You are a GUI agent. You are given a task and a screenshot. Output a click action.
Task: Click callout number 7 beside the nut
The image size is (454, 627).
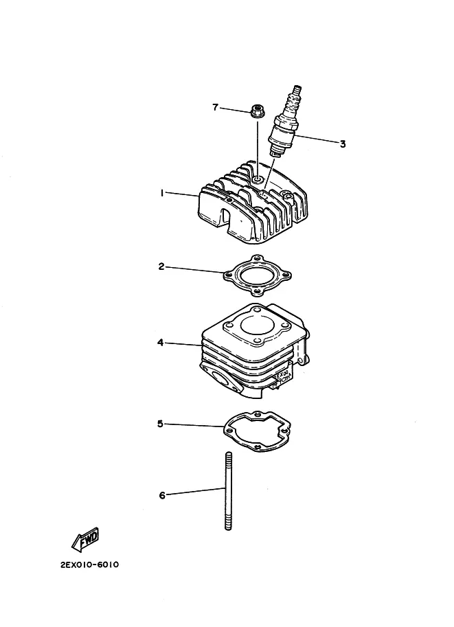[x=215, y=107]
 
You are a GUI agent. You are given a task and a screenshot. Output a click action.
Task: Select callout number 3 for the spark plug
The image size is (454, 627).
[x=343, y=144]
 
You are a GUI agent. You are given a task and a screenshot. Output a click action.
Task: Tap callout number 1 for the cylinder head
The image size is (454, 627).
[x=161, y=193]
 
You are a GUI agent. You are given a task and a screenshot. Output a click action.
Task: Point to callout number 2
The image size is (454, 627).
[x=161, y=266]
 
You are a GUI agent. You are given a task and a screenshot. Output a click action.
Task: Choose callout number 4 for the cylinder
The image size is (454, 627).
[x=161, y=343]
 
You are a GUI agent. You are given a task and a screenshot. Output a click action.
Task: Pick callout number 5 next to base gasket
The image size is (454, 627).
[x=160, y=424]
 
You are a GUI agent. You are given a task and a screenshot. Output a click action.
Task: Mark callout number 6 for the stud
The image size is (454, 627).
[x=162, y=495]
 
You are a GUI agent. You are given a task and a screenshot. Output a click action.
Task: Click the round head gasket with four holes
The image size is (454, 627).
[x=257, y=276]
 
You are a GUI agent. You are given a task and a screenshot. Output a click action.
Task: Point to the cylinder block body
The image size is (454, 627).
[x=255, y=351]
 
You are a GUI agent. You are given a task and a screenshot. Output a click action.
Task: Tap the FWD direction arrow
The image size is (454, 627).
[x=85, y=540]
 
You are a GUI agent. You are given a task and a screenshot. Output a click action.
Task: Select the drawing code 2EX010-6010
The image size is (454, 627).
[x=89, y=565]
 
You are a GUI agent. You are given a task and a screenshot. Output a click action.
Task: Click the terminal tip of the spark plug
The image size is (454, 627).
[x=297, y=87]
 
